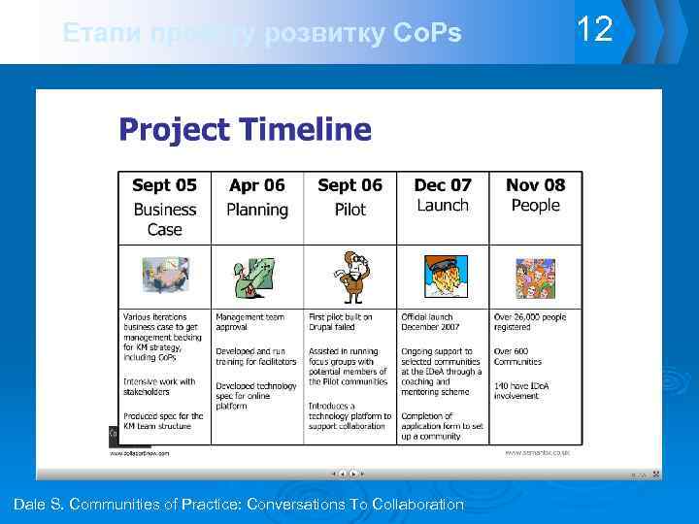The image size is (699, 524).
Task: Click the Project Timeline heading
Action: click(245, 129)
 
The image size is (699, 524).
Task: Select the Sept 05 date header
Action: click(164, 185)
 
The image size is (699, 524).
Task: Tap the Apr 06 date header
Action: click(257, 185)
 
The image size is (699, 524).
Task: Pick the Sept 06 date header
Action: click(349, 185)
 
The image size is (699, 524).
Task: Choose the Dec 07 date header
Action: click(443, 185)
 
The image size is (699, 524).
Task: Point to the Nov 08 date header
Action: click(535, 185)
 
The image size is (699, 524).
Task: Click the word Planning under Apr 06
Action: click(257, 210)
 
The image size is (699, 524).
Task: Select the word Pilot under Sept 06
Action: click(349, 210)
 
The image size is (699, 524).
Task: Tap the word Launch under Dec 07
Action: click(443, 206)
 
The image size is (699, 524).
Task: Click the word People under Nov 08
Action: click(535, 206)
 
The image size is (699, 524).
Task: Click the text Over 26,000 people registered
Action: click(530, 322)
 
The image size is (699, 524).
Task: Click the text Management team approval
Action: click(250, 322)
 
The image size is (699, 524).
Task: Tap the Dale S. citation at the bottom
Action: click(239, 505)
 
